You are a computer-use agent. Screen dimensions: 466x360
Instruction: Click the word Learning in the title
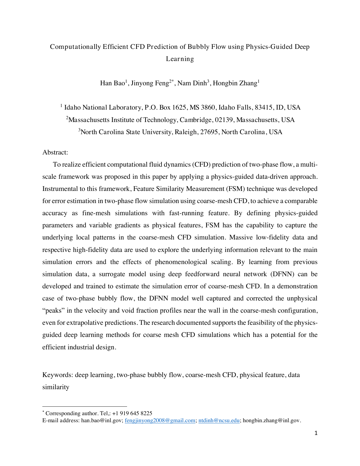tap(180, 59)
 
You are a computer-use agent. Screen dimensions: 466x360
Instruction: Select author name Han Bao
tap(112, 83)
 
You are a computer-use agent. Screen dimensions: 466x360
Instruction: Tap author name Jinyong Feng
tap(150, 83)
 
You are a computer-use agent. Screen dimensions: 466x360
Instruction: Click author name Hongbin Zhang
tap(235, 83)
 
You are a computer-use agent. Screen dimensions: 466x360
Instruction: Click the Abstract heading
tap(55, 153)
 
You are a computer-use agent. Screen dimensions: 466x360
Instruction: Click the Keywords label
tap(58, 375)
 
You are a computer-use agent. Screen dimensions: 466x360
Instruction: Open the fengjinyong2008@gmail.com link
tap(160, 421)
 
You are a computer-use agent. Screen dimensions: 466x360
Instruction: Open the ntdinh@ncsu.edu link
tap(219, 421)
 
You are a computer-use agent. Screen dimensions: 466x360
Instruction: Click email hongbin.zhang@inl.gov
tap(271, 421)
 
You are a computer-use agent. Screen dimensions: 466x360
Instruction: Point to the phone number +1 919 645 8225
tap(132, 413)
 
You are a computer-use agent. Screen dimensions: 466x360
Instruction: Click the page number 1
tap(316, 433)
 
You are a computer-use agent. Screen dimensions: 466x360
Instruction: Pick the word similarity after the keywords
tap(56, 387)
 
